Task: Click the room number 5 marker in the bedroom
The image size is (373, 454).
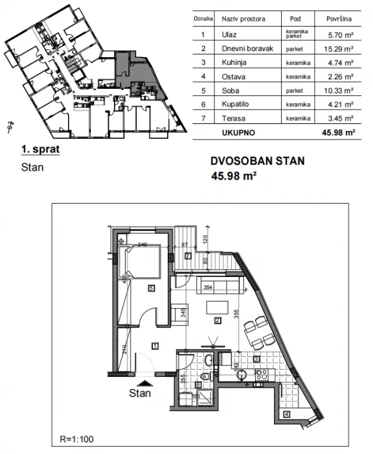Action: (150, 288)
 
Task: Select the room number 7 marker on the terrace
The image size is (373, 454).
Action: (186, 256)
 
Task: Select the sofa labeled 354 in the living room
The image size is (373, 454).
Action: (207, 286)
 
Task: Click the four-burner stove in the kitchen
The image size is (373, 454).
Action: (263, 374)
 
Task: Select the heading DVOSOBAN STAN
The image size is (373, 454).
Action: (256, 162)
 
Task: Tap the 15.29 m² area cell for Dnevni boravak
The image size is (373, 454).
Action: (339, 49)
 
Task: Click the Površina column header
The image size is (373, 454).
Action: (339, 20)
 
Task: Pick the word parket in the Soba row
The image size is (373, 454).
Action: (295, 91)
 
